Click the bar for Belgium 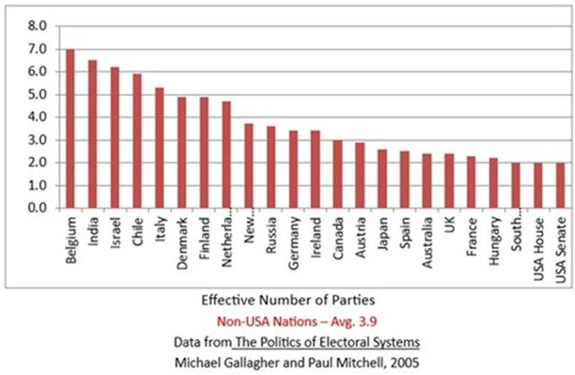(70, 129)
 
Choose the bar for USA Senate (561, 186)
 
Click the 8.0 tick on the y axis (37, 27)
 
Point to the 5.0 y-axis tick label (37, 95)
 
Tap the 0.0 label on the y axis (37, 209)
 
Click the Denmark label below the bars (181, 241)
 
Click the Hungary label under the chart (493, 240)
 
